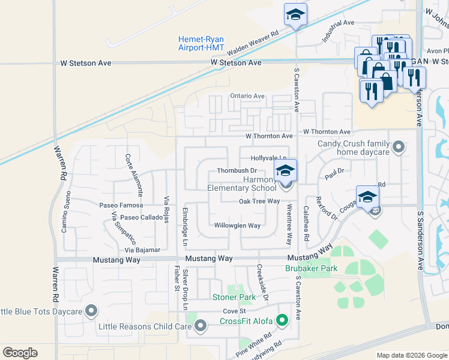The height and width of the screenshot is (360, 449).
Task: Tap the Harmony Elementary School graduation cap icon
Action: [x=286, y=170]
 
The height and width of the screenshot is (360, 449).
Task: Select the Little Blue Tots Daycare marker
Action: [x=91, y=311]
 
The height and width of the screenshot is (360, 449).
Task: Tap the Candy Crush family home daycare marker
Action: [x=397, y=146]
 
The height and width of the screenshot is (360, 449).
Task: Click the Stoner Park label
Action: [x=234, y=297]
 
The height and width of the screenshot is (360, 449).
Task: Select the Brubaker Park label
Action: [x=311, y=269]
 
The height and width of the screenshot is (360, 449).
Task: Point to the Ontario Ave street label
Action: [x=247, y=96]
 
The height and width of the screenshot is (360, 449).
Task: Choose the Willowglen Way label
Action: [x=238, y=226]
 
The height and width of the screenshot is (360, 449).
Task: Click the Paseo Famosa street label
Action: [x=121, y=205]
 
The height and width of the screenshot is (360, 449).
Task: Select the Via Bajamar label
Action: [x=142, y=250]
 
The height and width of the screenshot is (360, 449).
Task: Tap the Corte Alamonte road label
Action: [x=134, y=175]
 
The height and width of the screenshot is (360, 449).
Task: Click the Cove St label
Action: [x=234, y=311]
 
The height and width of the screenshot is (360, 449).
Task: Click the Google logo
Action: [x=20, y=353]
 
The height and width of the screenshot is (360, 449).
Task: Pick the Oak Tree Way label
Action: [x=259, y=202]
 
